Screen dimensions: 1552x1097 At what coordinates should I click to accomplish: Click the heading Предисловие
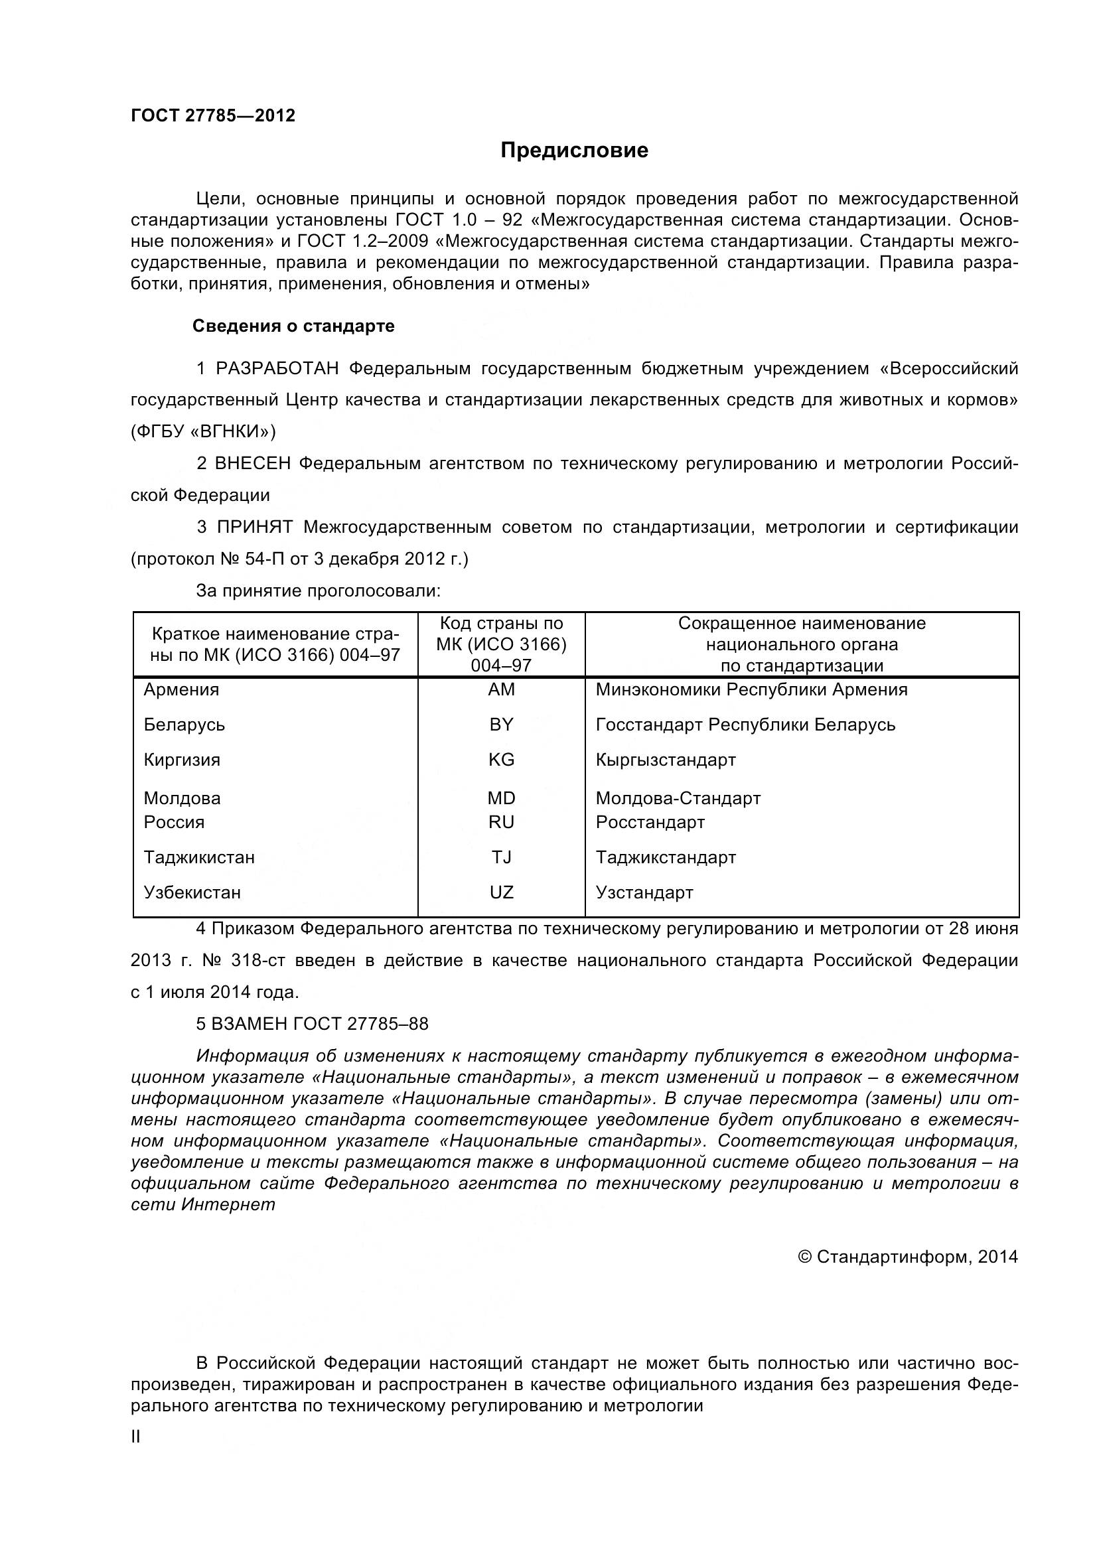tap(574, 150)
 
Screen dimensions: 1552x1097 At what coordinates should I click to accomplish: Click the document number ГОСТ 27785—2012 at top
tap(213, 115)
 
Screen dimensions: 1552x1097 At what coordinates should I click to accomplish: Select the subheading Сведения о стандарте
tap(293, 326)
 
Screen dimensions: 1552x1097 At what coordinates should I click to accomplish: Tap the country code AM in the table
tap(501, 689)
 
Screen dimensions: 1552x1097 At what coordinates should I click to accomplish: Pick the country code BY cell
tap(501, 725)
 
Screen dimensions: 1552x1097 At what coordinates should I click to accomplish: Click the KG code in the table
tap(501, 760)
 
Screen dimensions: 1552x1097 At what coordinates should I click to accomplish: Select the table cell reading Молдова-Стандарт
tap(678, 798)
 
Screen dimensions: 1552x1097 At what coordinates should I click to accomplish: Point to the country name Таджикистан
tap(199, 857)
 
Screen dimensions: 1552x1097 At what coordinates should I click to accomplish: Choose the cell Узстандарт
tap(644, 892)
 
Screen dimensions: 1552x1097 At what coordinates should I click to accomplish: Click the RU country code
tap(501, 822)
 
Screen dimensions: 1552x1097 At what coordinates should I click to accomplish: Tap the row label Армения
tap(181, 689)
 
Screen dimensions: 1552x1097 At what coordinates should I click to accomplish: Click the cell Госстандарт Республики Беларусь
tap(745, 725)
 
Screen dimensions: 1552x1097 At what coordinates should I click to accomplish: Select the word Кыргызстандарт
tap(665, 760)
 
